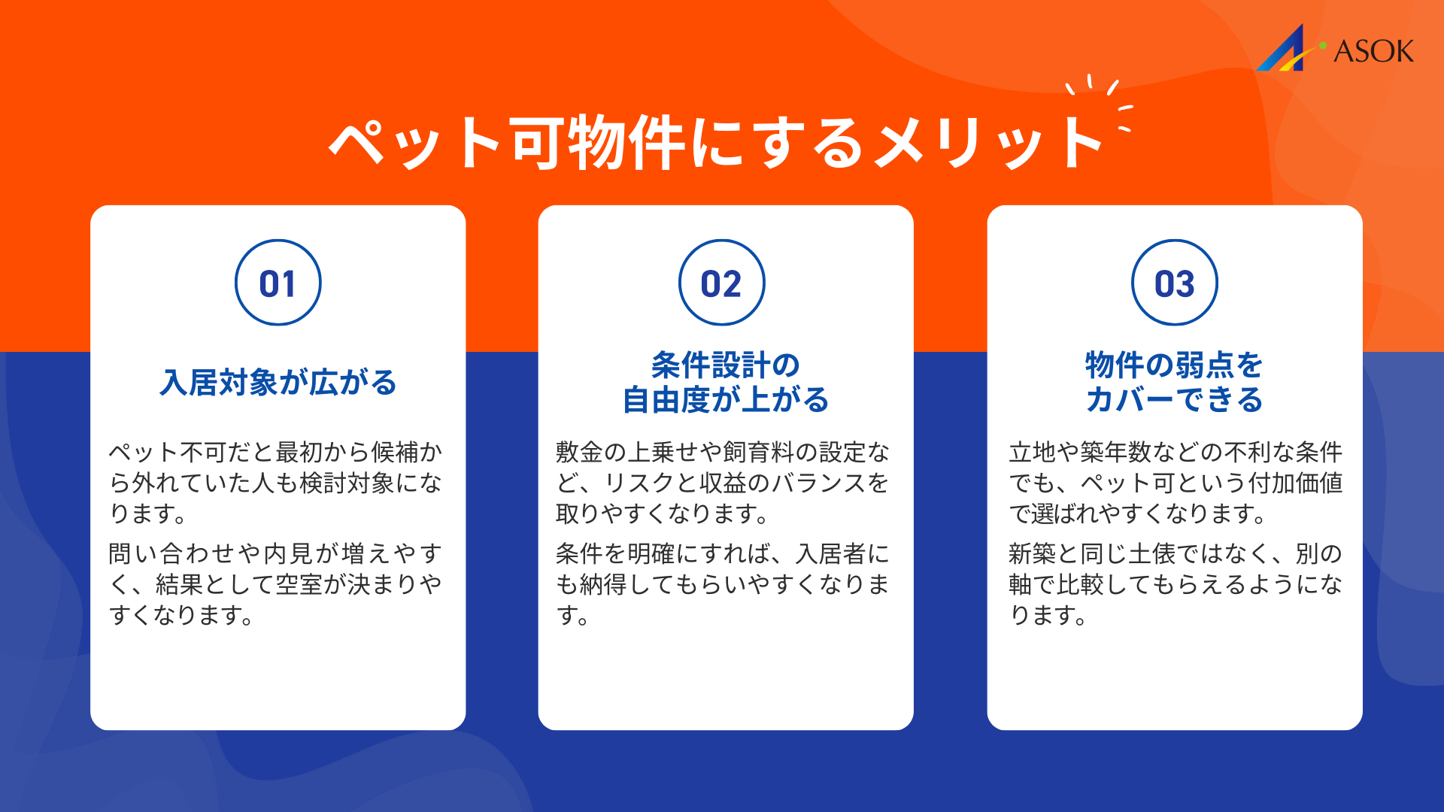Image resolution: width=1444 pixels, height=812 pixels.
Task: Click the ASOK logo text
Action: [1373, 51]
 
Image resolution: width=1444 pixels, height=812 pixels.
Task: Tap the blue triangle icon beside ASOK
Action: [1285, 50]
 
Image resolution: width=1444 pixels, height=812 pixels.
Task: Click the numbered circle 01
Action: [278, 283]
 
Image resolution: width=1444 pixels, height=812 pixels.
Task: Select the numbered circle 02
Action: [721, 283]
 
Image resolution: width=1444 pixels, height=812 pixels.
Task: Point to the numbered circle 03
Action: [1174, 283]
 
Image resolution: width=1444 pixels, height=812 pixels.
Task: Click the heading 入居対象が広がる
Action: [278, 382]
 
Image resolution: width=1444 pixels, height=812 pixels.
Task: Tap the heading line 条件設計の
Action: [725, 365]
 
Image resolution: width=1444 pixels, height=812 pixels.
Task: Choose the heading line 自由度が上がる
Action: [725, 400]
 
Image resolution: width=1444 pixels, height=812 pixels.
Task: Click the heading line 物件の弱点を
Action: [1174, 365]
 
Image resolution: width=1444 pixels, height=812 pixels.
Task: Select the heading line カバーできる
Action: [1174, 400]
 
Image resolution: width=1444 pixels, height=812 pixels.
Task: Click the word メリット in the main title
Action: [990, 143]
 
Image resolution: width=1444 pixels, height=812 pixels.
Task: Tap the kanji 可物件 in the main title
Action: [599, 143]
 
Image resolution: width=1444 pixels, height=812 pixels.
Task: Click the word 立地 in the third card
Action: [1032, 452]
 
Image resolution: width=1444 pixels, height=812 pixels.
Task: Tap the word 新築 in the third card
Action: [1032, 554]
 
